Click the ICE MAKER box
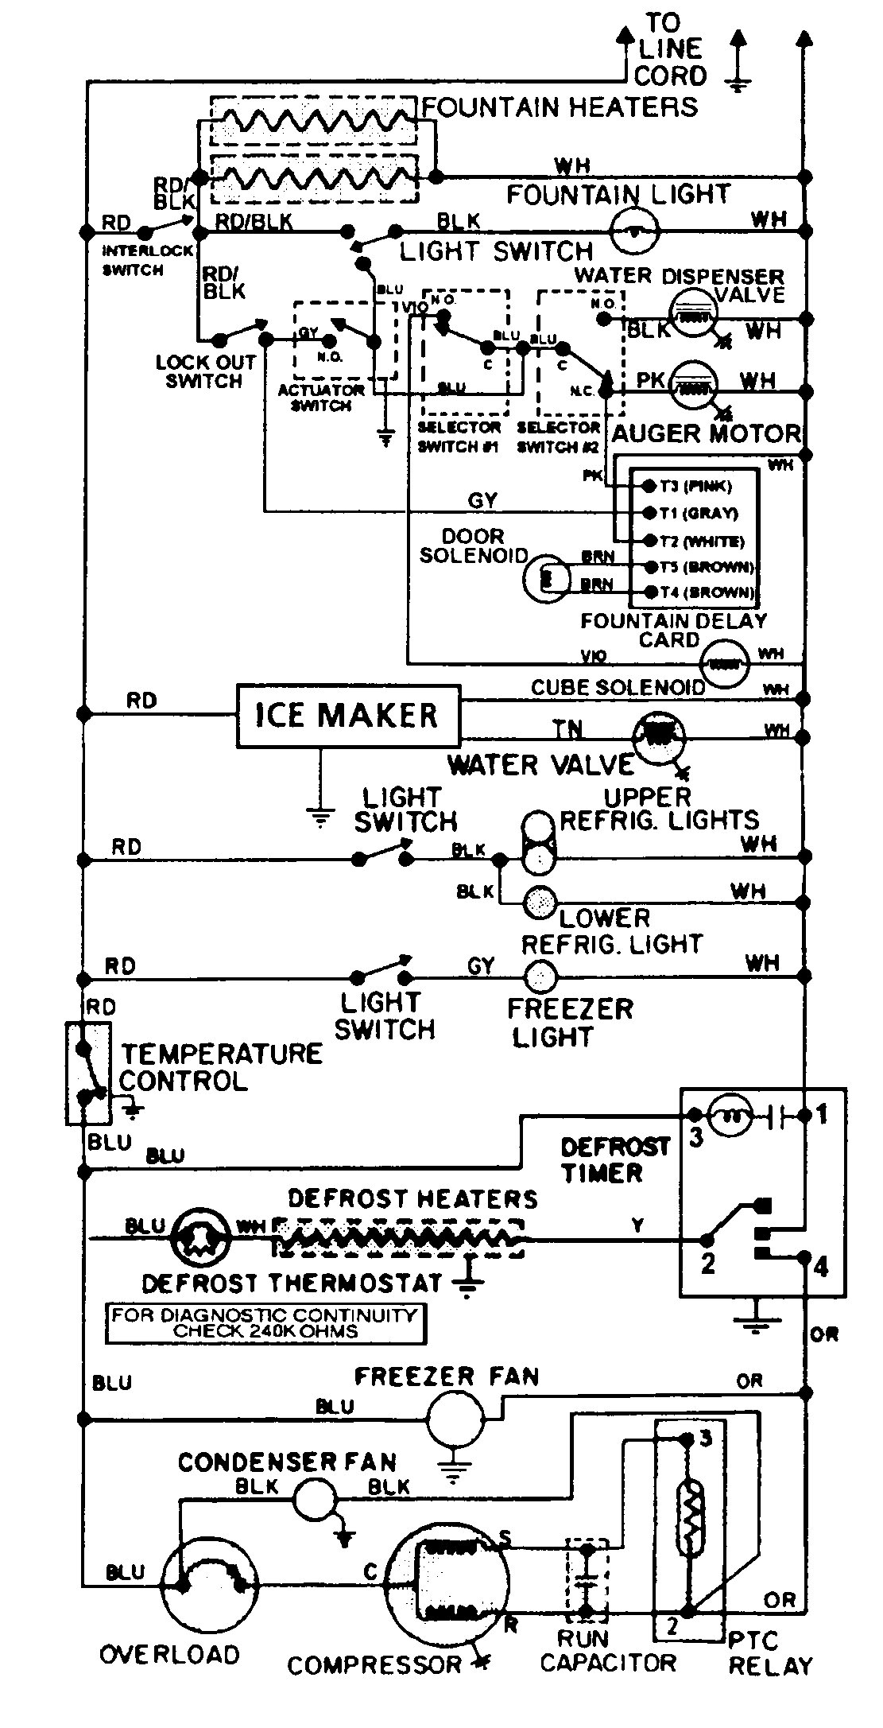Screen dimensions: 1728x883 pos(348,716)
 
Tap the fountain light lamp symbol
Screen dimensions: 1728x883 pos(634,231)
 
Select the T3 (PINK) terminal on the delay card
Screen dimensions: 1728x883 pos(648,486)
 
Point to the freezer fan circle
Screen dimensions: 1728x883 pos(455,1419)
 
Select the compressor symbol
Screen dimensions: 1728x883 pos(447,1583)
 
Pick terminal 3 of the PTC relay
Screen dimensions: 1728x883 pos(687,1439)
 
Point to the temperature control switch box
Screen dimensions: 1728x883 pos(85,1073)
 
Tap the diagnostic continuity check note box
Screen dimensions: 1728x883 pos(265,1323)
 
